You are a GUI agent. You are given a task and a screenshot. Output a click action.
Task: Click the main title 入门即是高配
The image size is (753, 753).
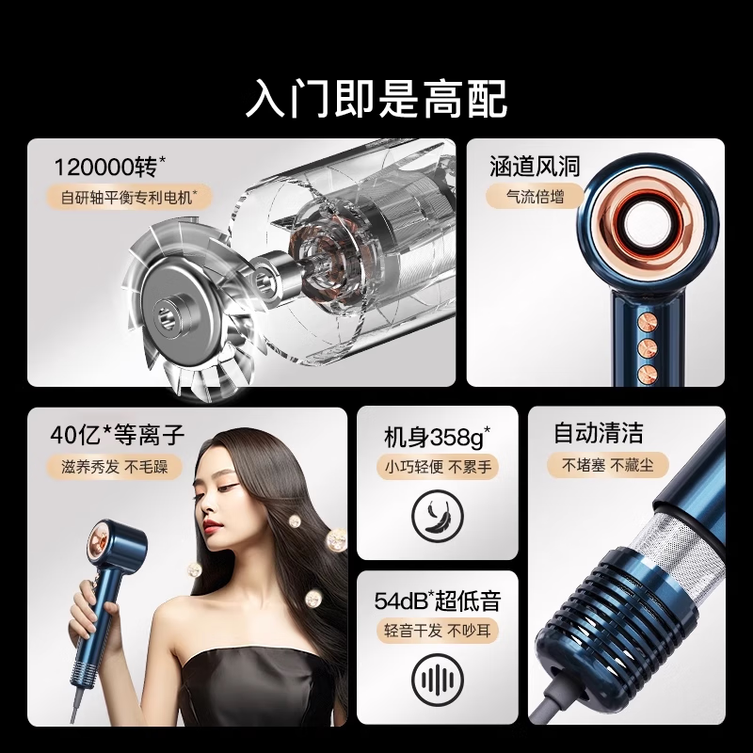point(376,97)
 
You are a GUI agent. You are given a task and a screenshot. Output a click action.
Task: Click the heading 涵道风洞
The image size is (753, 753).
point(535,168)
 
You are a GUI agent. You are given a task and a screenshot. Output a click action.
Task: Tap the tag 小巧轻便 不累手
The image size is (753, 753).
point(437,466)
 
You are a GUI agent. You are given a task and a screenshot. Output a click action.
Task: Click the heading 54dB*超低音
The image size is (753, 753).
point(437,601)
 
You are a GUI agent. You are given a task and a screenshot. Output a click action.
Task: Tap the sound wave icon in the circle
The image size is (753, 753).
point(437,680)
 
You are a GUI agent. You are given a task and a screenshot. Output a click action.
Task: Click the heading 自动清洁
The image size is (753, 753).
point(598,434)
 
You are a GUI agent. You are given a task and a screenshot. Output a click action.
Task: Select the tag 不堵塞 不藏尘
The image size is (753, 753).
point(598,465)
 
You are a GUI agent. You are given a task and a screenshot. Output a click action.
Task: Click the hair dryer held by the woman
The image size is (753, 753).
point(118,555)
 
